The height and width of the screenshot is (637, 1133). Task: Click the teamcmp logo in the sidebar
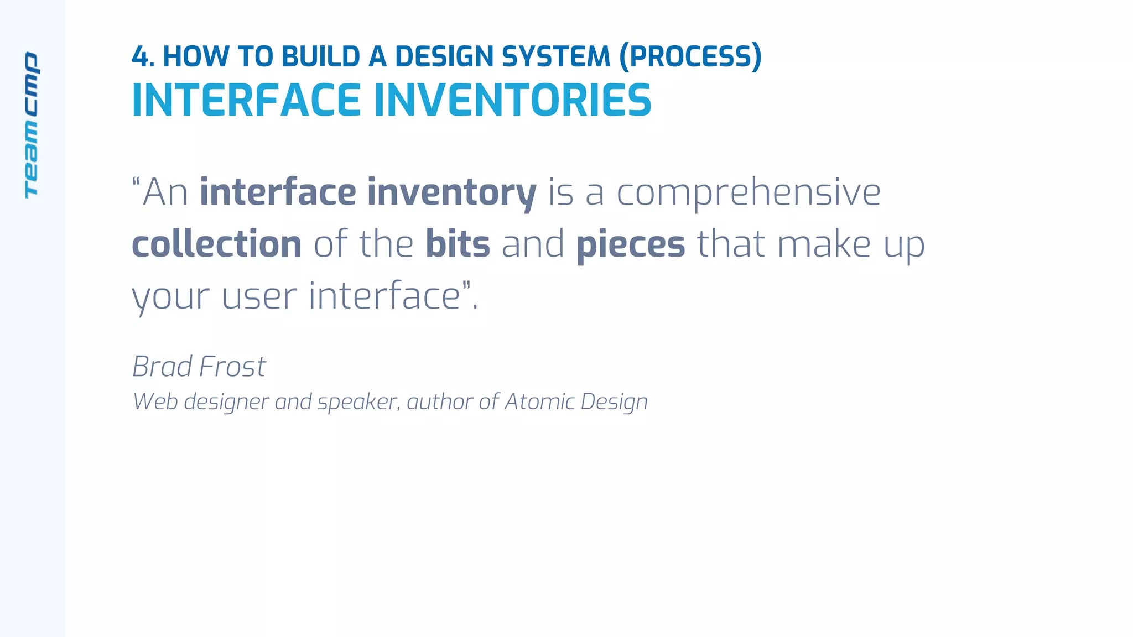(32, 125)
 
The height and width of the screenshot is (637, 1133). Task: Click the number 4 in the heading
(141, 57)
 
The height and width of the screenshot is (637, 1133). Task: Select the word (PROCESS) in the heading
(690, 57)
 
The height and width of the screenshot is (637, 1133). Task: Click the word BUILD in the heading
(321, 57)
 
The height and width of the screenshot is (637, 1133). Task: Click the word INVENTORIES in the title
(513, 101)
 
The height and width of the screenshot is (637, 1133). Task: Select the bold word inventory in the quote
(451, 193)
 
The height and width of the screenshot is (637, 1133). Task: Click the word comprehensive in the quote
(748, 193)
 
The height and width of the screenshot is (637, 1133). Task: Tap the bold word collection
(216, 244)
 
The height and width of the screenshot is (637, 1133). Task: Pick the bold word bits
(458, 244)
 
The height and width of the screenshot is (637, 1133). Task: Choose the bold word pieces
(630, 245)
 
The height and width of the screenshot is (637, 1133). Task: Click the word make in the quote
(824, 244)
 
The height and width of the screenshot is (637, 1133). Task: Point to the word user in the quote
(258, 296)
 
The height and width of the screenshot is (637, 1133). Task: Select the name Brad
(162, 367)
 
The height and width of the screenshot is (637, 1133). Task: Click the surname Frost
(232, 367)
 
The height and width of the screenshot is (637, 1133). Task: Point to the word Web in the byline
(155, 401)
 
